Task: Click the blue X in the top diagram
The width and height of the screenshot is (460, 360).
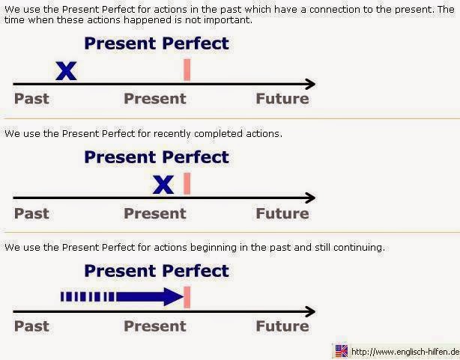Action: [67, 71]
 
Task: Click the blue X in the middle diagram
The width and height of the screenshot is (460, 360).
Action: [163, 185]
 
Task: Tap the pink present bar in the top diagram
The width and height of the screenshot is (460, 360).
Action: [187, 70]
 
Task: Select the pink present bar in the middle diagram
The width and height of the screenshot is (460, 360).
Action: [187, 184]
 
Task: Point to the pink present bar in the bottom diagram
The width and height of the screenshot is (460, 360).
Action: [187, 297]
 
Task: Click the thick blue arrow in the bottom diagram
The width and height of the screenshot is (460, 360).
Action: [150, 297]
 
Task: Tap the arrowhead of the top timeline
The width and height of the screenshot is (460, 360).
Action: [309, 84]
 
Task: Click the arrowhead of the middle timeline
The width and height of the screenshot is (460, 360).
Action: [309, 198]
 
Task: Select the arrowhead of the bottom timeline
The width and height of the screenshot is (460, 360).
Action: [309, 311]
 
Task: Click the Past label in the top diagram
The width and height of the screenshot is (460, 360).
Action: [31, 99]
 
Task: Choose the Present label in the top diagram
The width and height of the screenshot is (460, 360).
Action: [154, 99]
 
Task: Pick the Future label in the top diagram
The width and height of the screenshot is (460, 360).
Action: [282, 99]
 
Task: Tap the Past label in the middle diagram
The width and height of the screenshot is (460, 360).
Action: [31, 213]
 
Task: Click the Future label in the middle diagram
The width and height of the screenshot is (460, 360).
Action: [282, 213]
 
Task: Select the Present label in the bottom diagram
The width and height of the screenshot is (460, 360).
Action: [154, 326]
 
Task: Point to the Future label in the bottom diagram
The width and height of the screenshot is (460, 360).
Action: [282, 326]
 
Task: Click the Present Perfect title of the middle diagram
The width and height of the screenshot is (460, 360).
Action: [157, 157]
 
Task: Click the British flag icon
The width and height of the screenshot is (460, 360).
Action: [342, 351]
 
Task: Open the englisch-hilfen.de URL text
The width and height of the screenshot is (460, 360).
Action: [405, 352]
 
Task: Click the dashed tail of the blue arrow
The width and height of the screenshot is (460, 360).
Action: [88, 297]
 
